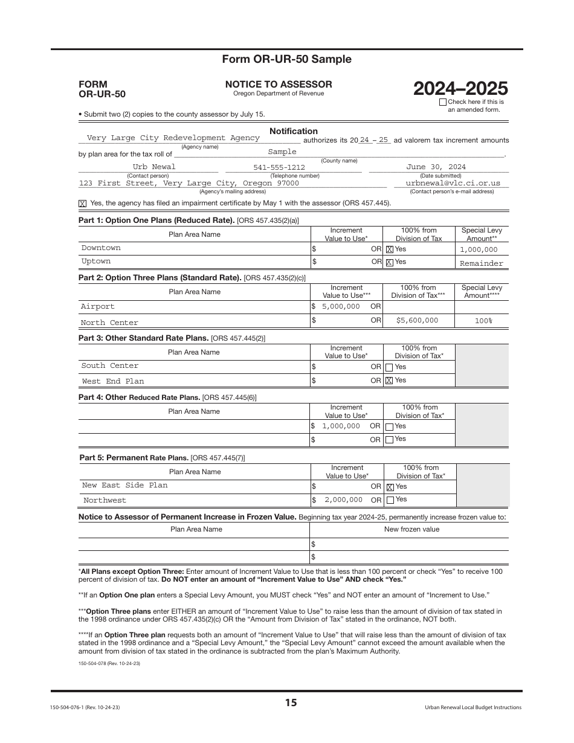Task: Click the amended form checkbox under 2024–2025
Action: click(443, 102)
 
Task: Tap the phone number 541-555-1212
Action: click(279, 167)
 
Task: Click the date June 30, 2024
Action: click(436, 167)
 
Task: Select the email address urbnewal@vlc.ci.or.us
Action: click(453, 182)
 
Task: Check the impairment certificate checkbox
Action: click(83, 204)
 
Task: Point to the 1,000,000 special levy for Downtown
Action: click(479, 249)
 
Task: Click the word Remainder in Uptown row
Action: click(481, 263)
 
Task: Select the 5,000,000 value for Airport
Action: click(341, 306)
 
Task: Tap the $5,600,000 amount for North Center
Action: click(417, 320)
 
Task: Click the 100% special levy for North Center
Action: click(483, 321)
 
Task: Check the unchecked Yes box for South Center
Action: click(389, 367)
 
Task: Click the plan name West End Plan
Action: click(113, 381)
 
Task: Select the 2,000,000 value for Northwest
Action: click(343, 500)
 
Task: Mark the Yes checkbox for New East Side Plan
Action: click(390, 487)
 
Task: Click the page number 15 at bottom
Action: click(291, 703)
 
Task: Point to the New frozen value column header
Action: click(411, 529)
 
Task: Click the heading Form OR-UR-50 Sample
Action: click(286, 59)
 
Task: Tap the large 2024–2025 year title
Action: click(460, 89)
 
